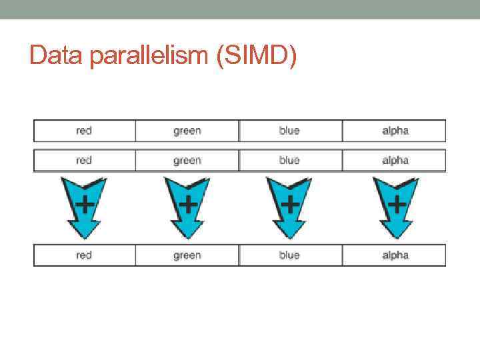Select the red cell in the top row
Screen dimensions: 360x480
point(84,131)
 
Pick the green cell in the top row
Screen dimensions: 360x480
point(187,131)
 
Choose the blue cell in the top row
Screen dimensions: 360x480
point(289,131)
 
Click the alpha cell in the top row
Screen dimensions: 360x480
point(395,131)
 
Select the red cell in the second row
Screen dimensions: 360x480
point(84,160)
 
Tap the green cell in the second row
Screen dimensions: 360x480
point(187,160)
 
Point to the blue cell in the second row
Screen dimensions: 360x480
point(289,160)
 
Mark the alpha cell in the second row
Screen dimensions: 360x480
point(395,160)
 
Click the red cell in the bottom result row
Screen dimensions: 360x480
point(84,255)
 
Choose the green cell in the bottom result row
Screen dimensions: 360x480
point(187,255)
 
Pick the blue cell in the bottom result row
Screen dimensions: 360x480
point(289,255)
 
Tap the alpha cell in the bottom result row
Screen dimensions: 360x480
point(395,255)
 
